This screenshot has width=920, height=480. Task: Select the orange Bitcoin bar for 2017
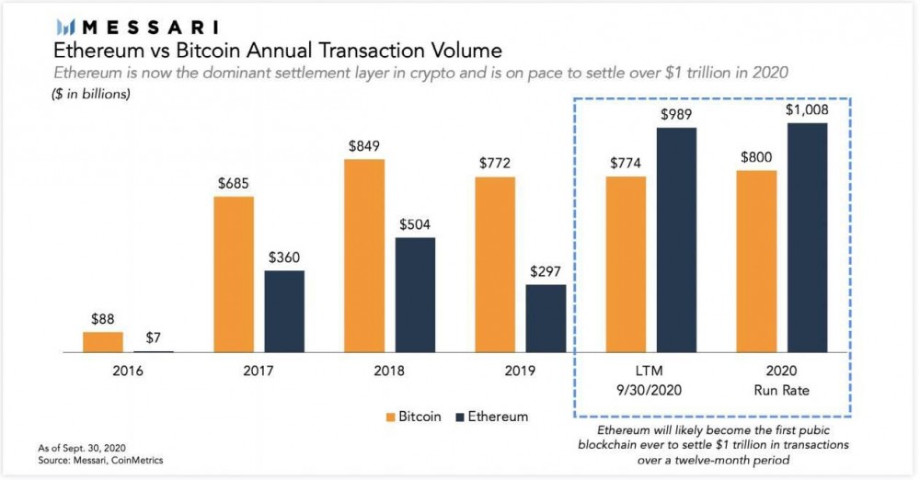pos(233,274)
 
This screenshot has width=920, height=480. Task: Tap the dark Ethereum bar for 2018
pos(415,295)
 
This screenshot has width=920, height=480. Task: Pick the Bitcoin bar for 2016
pos(103,342)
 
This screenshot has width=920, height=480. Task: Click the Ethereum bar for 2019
pos(546,318)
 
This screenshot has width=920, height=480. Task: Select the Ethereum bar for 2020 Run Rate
pos(808,237)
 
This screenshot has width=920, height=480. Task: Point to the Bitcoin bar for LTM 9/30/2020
pos(625,264)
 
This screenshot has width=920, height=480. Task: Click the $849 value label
pos(363,145)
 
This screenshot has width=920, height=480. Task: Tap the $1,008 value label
pos(808,109)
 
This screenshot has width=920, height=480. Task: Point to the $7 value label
pos(154,337)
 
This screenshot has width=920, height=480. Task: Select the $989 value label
pos(676,114)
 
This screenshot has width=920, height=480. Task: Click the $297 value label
pos(546,271)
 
